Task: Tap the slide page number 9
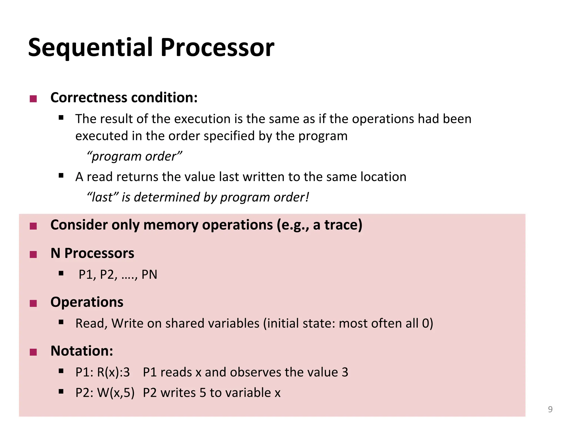click(x=550, y=409)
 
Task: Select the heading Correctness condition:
click(x=124, y=98)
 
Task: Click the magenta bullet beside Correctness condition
click(x=33, y=99)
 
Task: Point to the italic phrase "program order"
click(x=135, y=156)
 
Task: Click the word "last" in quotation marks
click(x=102, y=197)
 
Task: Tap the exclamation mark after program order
click(x=307, y=197)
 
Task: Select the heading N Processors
click(x=92, y=253)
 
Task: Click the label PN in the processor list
click(x=149, y=275)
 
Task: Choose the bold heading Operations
click(x=87, y=302)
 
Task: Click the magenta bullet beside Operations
click(x=33, y=303)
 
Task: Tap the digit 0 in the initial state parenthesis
click(x=425, y=323)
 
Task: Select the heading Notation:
click(x=82, y=351)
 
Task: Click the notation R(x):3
click(x=113, y=372)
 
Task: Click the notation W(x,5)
click(x=116, y=393)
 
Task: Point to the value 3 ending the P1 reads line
click(x=345, y=372)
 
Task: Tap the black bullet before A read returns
click(x=61, y=175)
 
